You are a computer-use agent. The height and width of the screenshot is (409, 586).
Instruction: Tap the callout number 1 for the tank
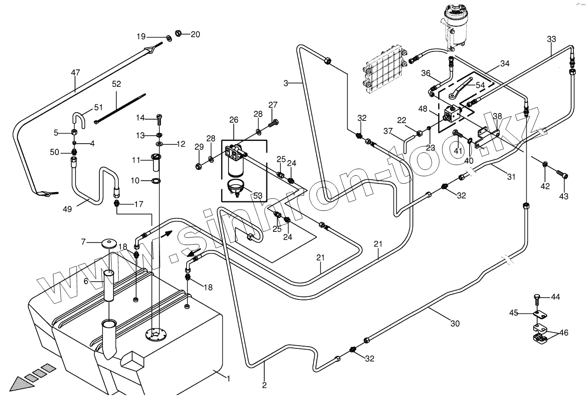pos(228,378)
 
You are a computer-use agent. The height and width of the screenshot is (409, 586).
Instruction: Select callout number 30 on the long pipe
pos(455,324)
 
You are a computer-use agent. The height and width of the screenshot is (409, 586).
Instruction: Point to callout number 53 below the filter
pos(257,195)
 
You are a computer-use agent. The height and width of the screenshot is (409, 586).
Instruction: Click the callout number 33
pos(552,39)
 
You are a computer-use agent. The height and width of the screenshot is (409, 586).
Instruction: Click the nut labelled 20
pos(178,33)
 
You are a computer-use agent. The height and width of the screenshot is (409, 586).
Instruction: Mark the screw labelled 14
pos(159,117)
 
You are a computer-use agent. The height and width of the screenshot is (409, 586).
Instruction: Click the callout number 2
pos(264,385)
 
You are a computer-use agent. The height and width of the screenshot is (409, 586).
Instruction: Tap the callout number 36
pos(426,73)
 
